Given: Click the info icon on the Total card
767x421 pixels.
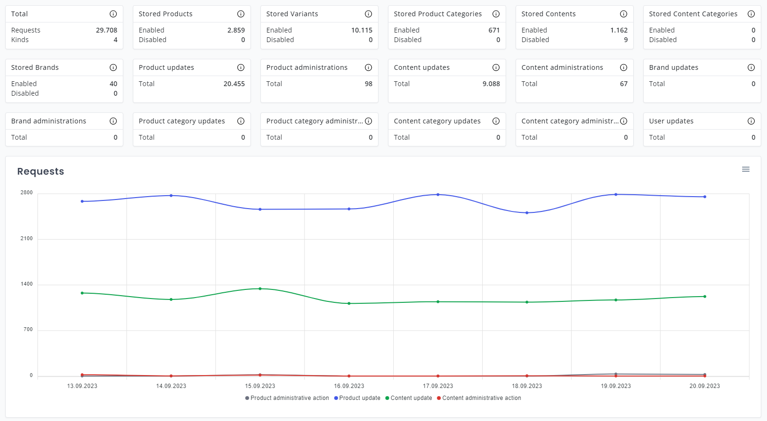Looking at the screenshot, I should click(113, 14).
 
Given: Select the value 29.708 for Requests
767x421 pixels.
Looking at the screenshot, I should click(106, 30).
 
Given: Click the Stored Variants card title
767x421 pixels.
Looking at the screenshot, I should click(292, 14).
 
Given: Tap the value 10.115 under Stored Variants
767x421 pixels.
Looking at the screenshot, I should click(361, 30).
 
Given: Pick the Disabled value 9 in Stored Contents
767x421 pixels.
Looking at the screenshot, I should click(626, 40).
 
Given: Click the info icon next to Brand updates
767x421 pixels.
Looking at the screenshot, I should click(751, 67).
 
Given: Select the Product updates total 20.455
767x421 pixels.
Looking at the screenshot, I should click(234, 84).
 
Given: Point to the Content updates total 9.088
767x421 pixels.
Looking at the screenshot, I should click(491, 84).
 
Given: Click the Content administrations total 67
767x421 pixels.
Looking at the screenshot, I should click(624, 84).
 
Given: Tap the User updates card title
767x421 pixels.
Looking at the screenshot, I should click(671, 121).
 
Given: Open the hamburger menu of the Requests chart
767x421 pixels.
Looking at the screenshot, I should click(745, 169).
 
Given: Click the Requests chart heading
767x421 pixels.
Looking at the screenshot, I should click(41, 171).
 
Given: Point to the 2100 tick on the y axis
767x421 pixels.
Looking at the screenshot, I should click(27, 238).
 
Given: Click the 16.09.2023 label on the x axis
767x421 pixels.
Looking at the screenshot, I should click(349, 386).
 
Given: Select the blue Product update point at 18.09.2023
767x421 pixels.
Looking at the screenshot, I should click(527, 213).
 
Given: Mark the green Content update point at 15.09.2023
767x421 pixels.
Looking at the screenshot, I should click(260, 288).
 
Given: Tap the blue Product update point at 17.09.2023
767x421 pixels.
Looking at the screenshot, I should click(438, 195).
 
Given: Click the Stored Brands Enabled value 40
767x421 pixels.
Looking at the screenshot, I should click(113, 84).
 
